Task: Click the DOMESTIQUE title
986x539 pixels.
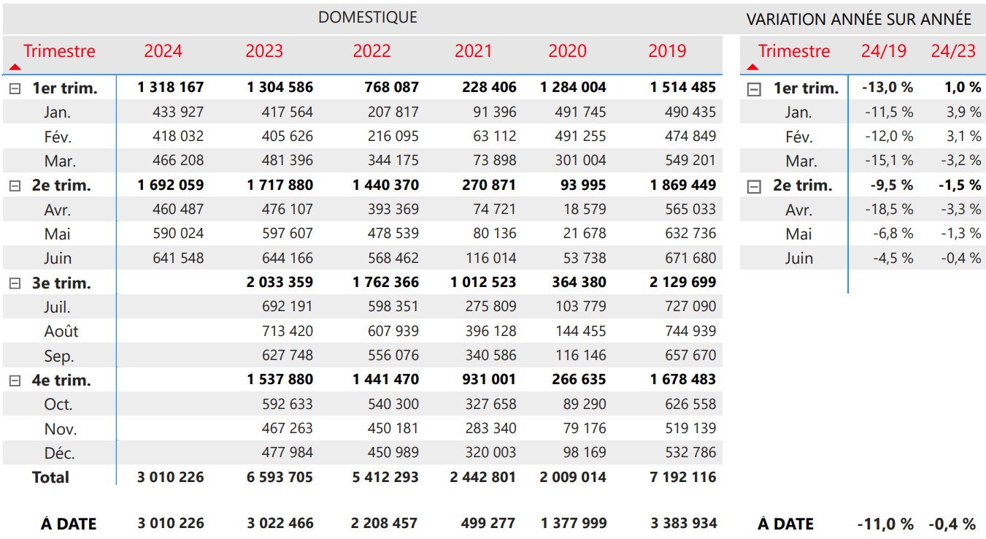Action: tap(368, 18)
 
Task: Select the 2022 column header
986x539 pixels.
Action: tap(372, 51)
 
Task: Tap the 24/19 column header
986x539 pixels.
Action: tap(883, 51)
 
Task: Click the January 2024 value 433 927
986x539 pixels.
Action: tap(178, 112)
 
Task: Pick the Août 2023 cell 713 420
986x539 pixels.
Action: tap(288, 331)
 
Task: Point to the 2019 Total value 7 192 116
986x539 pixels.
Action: tap(682, 477)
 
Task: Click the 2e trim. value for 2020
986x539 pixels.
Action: tap(583, 185)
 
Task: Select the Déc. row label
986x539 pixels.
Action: tap(59, 453)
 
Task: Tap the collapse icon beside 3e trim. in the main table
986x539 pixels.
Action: tap(15, 283)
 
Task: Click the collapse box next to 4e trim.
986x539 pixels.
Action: tap(15, 381)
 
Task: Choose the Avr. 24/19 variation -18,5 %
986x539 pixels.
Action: tap(889, 209)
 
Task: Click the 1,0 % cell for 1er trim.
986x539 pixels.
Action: tap(963, 87)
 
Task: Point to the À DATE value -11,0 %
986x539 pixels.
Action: tap(885, 524)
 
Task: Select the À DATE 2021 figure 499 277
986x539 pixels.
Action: tap(488, 523)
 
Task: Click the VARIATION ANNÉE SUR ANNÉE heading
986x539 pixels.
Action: tap(859, 20)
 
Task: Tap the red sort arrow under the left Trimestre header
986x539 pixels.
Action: tap(15, 67)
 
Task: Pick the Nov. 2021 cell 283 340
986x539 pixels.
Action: tap(490, 428)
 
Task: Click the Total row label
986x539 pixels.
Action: tap(50, 478)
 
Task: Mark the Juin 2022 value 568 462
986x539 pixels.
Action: tap(393, 258)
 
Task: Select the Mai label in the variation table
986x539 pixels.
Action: tap(798, 234)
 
